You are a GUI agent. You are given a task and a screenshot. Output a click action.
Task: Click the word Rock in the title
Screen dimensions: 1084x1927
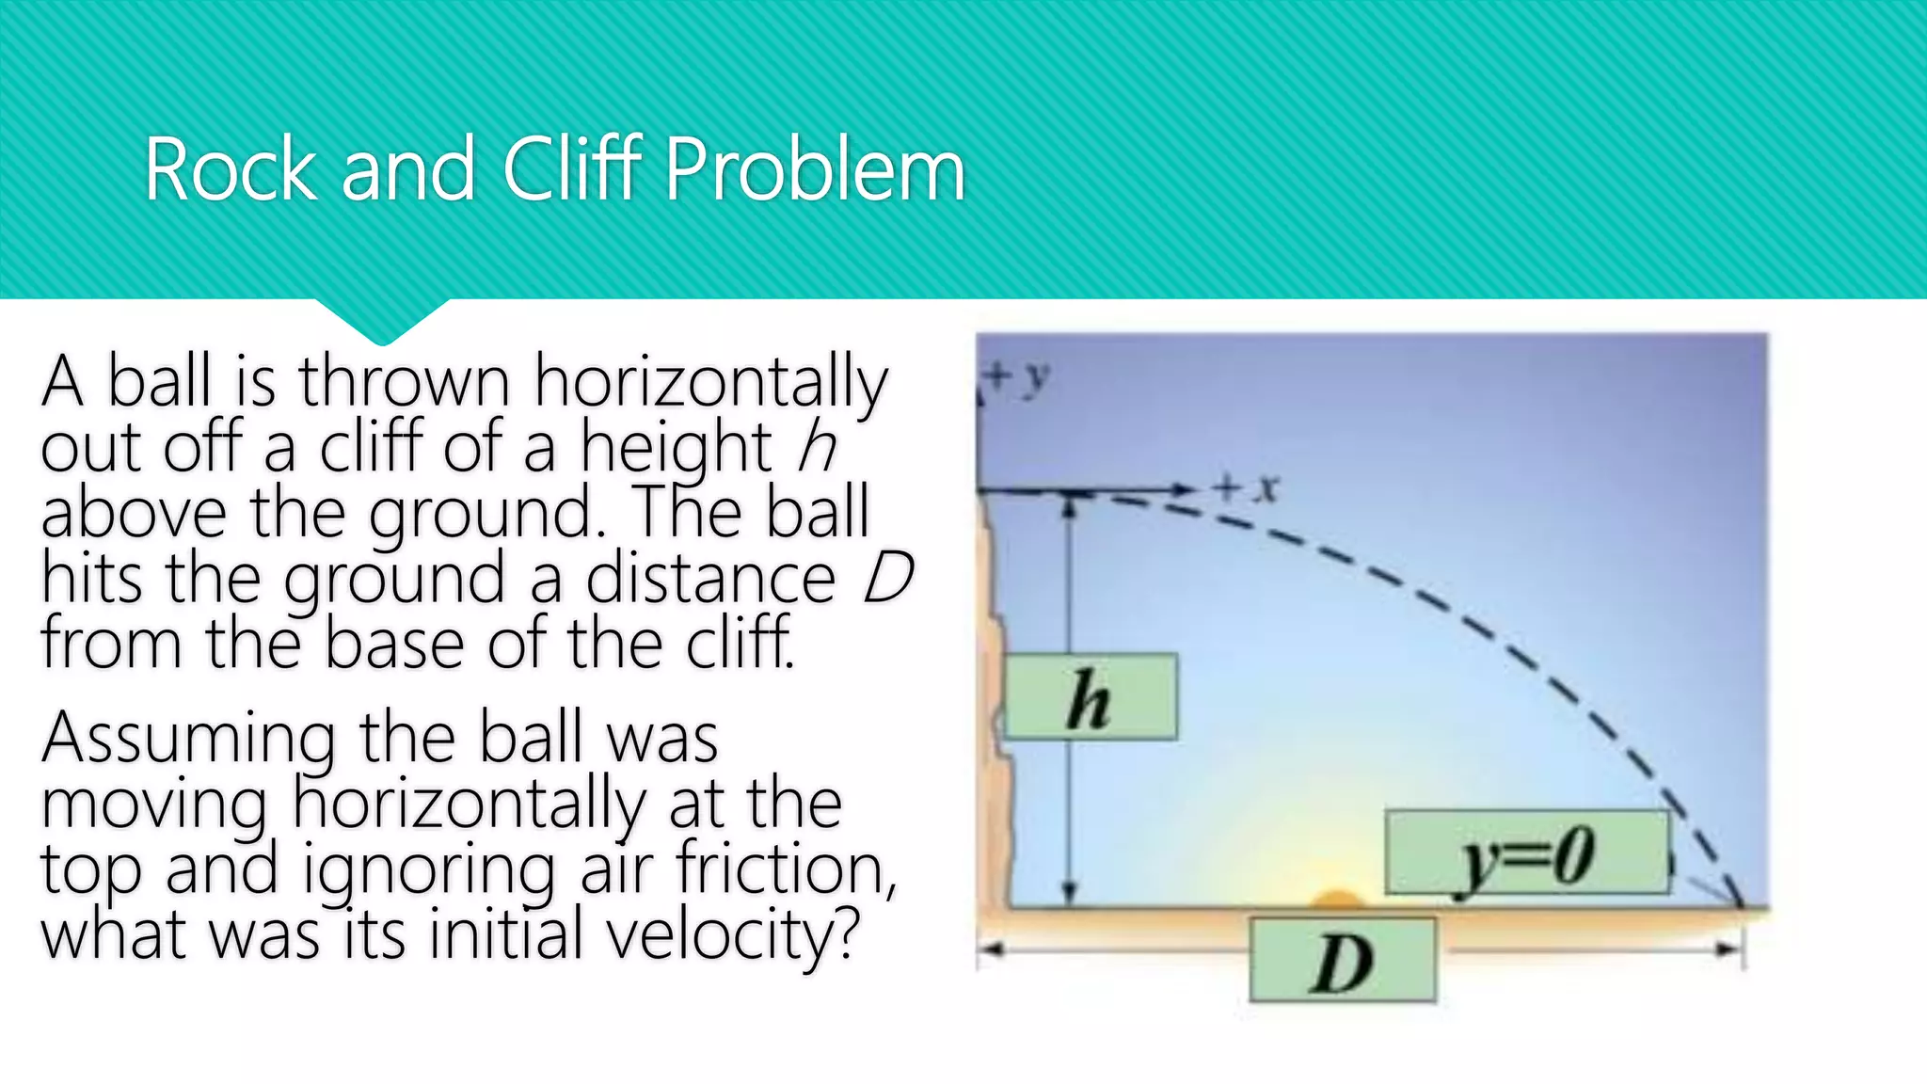231,170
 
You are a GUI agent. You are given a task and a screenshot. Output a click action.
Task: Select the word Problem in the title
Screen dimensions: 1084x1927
815,170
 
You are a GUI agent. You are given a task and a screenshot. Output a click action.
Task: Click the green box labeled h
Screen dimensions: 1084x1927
1090,697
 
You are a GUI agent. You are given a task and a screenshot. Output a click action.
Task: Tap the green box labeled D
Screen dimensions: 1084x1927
1343,961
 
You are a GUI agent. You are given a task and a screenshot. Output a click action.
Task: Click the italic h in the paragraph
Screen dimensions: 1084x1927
816,445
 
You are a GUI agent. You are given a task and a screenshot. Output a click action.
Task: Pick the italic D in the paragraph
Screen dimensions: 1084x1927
887,577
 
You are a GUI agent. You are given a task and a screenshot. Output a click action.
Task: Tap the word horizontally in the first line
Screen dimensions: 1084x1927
710,381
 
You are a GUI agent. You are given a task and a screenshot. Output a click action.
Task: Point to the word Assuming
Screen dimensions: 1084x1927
188,739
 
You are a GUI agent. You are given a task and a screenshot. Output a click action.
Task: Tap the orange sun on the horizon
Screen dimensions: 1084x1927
1337,900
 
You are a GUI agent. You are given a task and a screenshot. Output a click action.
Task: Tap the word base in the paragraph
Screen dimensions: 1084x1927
394,644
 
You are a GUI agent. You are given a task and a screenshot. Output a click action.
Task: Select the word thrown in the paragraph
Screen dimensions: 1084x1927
405,381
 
